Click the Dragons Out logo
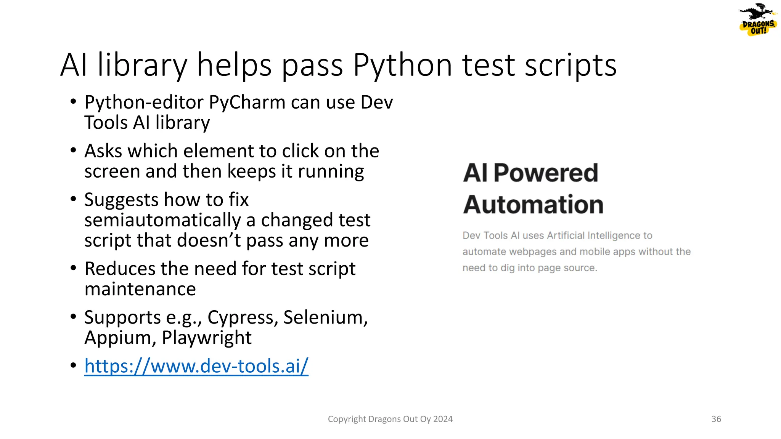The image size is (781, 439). coord(758,20)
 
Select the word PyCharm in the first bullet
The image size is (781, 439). coord(247,103)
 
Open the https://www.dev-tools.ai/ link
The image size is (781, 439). coord(196,366)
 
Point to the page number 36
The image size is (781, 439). coord(716,419)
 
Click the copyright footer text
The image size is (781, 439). coord(390,419)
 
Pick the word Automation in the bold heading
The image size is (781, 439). coord(533,205)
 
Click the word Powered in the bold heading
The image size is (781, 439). coord(546,173)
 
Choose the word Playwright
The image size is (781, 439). coord(207,338)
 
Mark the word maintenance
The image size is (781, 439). coord(140,289)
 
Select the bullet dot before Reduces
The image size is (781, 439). coord(74,268)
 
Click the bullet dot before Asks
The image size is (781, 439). coord(74,150)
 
